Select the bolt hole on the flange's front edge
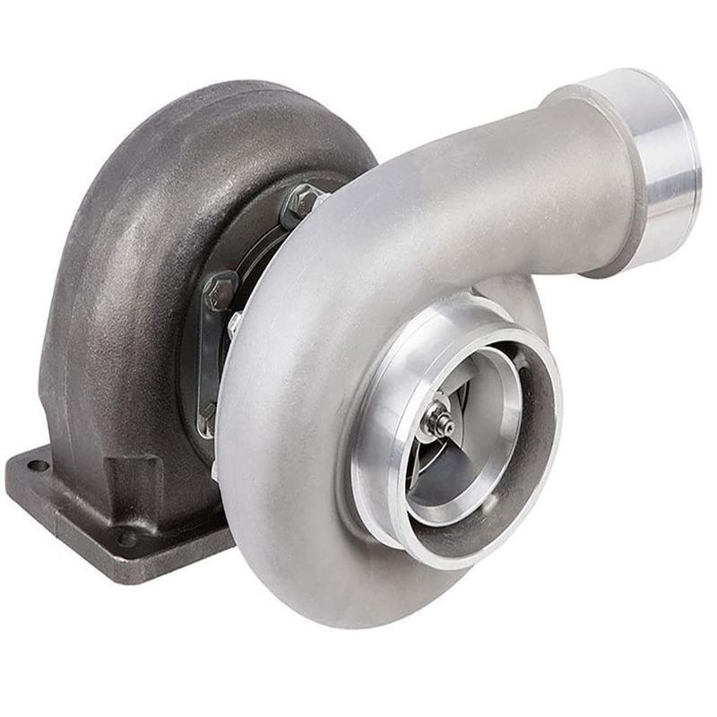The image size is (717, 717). (127, 539)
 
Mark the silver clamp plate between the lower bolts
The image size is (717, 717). (208, 358)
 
